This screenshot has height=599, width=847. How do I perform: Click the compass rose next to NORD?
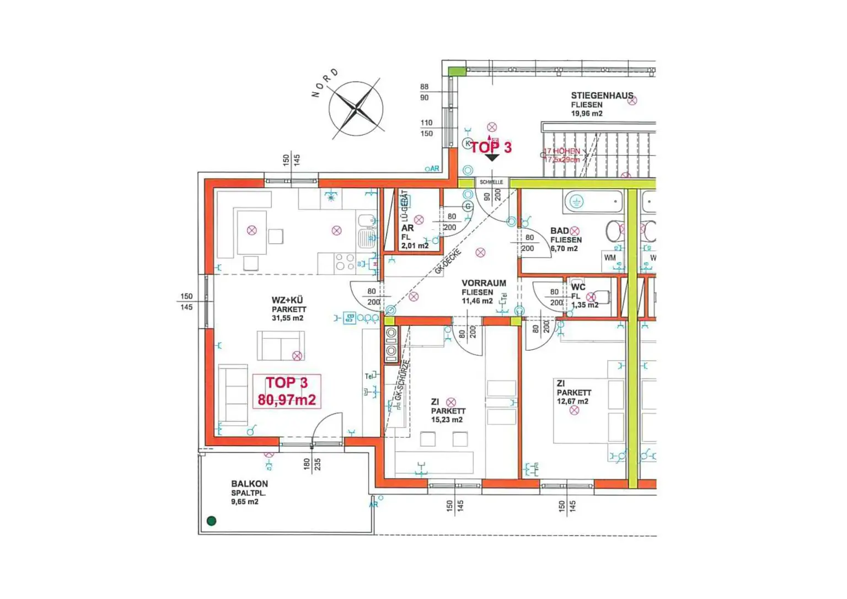(356, 108)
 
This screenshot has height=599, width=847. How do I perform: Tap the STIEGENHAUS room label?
(602, 95)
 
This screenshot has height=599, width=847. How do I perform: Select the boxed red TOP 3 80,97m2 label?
(287, 391)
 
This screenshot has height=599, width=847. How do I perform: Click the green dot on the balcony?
(211, 520)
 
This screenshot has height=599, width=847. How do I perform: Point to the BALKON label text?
(249, 484)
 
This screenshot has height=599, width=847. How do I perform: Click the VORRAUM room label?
(484, 283)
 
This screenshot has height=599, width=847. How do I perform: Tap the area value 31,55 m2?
(287, 318)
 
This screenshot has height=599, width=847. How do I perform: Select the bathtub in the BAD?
(593, 202)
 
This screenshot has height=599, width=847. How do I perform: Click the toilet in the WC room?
(601, 297)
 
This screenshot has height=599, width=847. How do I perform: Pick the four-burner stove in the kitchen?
(345, 262)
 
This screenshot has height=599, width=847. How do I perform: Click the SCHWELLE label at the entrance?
(491, 182)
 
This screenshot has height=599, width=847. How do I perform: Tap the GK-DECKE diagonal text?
(447, 261)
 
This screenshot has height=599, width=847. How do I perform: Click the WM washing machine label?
(610, 258)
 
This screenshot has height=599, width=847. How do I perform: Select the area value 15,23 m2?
(447, 420)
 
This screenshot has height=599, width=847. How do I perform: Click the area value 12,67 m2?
(572, 402)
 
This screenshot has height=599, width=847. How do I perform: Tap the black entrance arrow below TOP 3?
(491, 158)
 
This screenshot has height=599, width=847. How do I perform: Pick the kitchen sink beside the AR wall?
(366, 238)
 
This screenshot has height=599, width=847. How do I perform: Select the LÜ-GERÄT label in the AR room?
(404, 205)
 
